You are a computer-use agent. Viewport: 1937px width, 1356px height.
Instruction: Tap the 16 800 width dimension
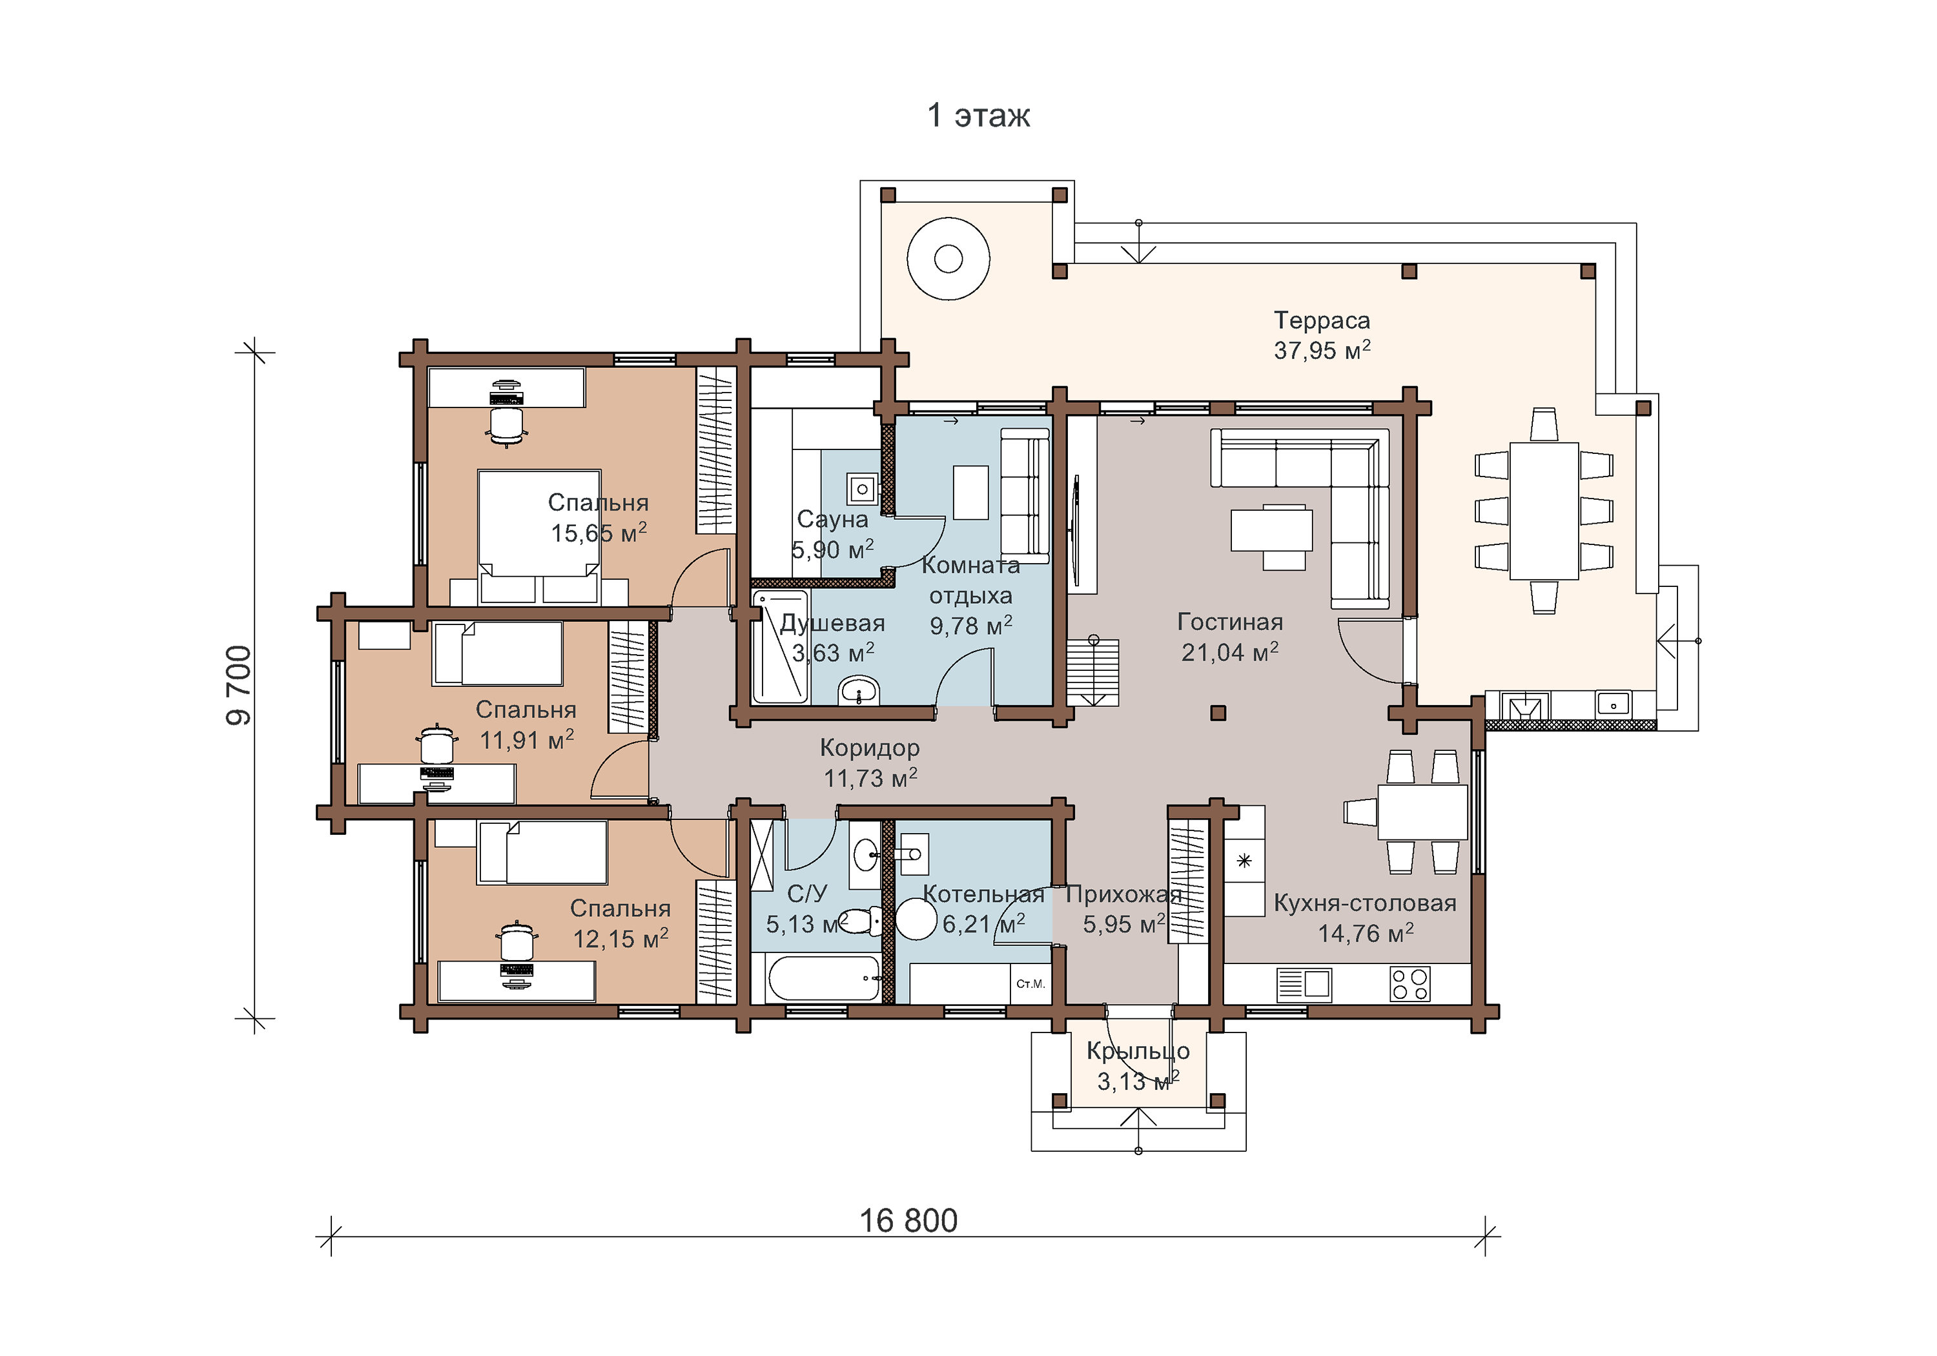click(x=908, y=1221)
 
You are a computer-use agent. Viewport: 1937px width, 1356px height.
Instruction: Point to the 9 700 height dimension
click(x=239, y=685)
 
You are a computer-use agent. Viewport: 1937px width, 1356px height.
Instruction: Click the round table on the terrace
click(x=948, y=259)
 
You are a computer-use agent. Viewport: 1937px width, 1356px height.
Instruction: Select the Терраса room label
click(x=1322, y=321)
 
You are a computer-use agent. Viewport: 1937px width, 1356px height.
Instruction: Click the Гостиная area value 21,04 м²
click(x=1230, y=652)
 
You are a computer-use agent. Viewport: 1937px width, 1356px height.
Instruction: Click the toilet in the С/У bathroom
click(x=861, y=921)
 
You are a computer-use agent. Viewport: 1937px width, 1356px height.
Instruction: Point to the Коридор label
click(x=870, y=748)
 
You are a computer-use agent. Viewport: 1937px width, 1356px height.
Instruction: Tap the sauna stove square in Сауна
click(x=862, y=489)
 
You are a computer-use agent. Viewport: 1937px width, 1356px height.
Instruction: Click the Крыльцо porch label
click(x=1138, y=1051)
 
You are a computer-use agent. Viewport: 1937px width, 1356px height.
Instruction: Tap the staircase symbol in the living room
click(x=1093, y=672)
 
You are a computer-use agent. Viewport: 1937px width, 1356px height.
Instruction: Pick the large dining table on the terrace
click(x=1544, y=511)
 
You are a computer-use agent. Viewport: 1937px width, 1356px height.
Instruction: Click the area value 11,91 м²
click(x=526, y=740)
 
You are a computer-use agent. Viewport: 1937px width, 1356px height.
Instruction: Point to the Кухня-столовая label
click(x=1365, y=903)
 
